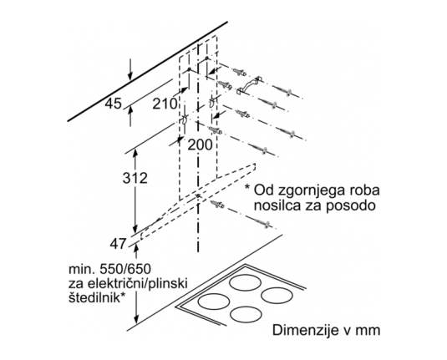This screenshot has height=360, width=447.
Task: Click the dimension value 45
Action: (x=113, y=104)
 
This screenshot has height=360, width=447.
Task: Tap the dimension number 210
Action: (x=165, y=104)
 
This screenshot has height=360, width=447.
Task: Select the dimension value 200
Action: (x=201, y=145)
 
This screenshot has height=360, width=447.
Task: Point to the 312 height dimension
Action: (x=135, y=178)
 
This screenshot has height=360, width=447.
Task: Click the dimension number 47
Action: (x=118, y=244)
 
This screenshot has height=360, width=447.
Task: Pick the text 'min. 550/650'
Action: (x=109, y=269)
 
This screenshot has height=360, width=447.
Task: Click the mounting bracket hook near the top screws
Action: (x=249, y=85)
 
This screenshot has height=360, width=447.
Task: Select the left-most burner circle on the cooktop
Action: (x=214, y=302)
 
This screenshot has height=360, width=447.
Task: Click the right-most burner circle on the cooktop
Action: (x=277, y=296)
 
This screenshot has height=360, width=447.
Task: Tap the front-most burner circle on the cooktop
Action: (x=246, y=315)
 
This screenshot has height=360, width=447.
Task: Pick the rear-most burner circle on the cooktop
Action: (x=245, y=283)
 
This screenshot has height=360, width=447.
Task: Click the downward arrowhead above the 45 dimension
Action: (x=130, y=76)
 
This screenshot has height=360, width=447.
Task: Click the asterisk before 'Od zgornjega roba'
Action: (x=247, y=187)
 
